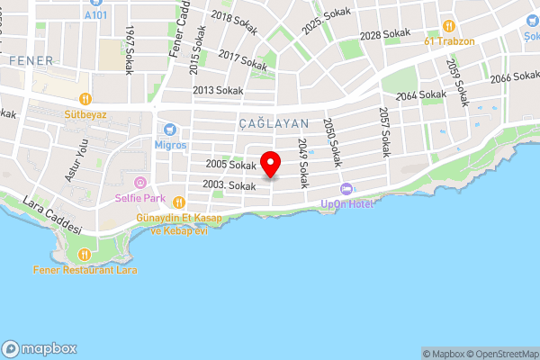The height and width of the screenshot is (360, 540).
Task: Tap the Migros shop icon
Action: point(167,129)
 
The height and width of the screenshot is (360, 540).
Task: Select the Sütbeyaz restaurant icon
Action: point(85,99)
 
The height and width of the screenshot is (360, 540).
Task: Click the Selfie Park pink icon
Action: point(139,183)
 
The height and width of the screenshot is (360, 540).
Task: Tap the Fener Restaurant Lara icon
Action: point(84,254)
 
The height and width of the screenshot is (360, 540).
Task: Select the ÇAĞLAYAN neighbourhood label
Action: point(274,122)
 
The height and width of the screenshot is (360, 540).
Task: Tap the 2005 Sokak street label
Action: point(230,164)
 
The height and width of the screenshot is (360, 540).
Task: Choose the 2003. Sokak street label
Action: point(229,184)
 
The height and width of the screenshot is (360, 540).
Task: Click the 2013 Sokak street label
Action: point(217,90)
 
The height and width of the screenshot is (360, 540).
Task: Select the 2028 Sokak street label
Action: point(384,36)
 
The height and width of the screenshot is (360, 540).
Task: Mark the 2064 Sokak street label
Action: point(420,94)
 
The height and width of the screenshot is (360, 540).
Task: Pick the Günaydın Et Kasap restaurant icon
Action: point(179,202)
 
